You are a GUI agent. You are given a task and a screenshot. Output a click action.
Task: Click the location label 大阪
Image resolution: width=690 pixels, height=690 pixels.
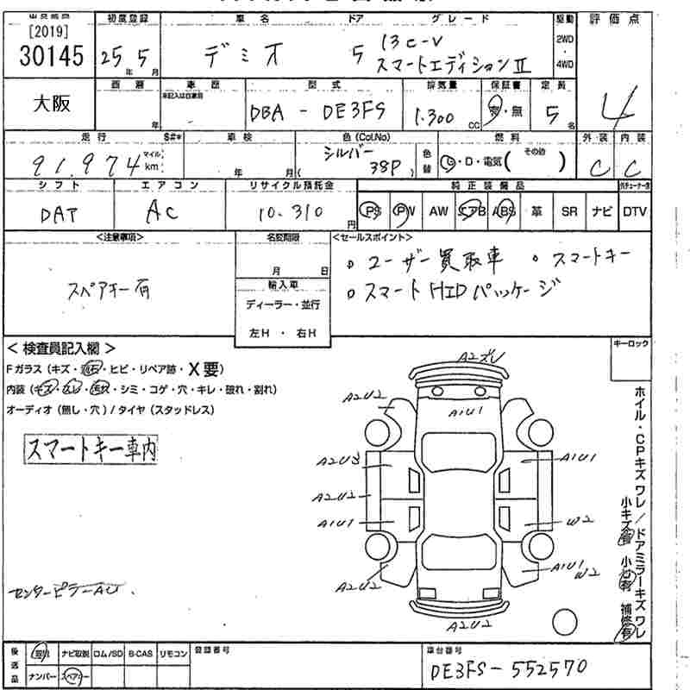pyautogui.click(x=51, y=103)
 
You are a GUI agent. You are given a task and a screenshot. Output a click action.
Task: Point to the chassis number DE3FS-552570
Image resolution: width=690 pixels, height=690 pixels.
pyautogui.click(x=508, y=668)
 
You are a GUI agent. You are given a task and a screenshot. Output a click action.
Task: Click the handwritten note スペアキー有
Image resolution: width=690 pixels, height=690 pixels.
pyautogui.click(x=109, y=292)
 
